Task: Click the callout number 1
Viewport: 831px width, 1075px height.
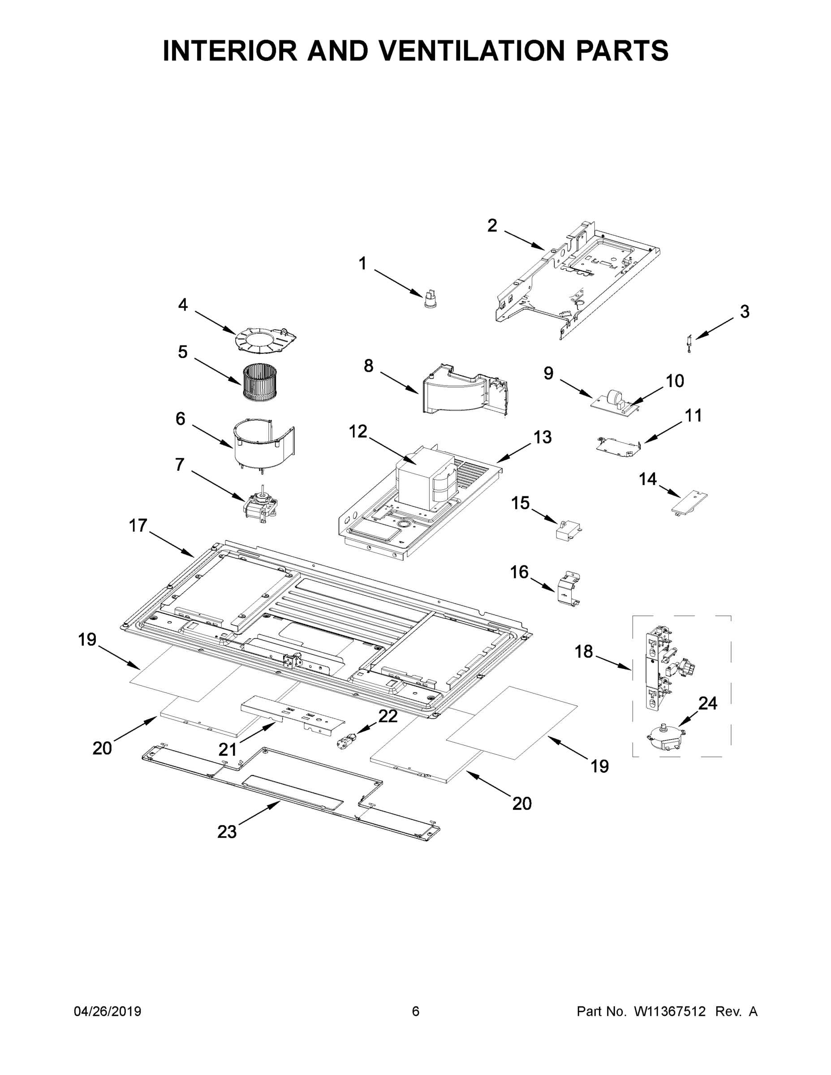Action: tap(362, 264)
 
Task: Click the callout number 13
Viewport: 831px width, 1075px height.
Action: tap(543, 437)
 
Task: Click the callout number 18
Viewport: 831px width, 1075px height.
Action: tap(583, 652)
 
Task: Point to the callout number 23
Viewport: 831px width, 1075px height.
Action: tap(227, 831)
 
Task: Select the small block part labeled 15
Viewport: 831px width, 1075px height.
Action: tap(568, 529)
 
